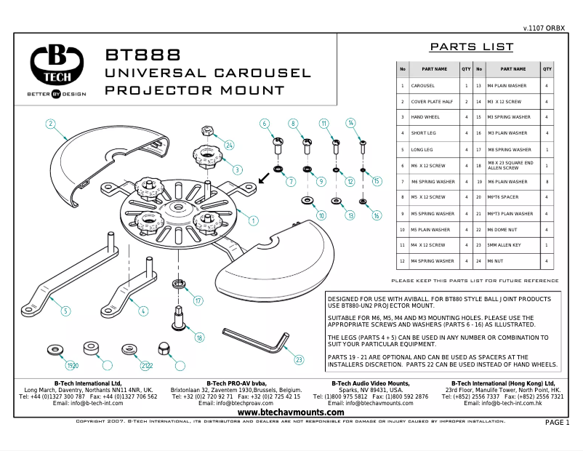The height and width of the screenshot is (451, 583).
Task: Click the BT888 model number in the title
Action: tap(142, 55)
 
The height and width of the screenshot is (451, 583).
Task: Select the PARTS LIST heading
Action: tap(471, 47)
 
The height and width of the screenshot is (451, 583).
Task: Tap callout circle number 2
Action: tap(51, 124)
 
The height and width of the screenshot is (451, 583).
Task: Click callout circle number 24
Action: tap(228, 145)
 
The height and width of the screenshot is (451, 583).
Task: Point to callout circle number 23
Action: tap(299, 359)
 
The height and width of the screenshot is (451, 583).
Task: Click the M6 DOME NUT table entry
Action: tap(513, 229)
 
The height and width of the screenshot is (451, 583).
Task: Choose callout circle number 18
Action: tap(199, 338)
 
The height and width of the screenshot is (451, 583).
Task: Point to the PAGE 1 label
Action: tap(558, 423)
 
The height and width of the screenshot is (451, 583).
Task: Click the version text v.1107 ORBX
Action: tap(544, 28)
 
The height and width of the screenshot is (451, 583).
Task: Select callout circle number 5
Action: tap(65, 311)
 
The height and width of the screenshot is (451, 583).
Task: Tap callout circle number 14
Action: tap(350, 123)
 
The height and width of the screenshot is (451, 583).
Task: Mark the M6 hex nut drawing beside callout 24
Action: tap(206, 131)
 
